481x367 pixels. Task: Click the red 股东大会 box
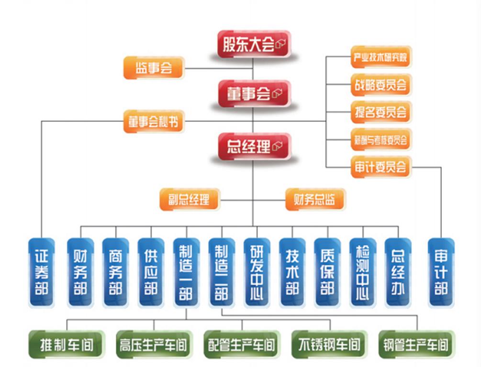pyautogui.click(x=254, y=44)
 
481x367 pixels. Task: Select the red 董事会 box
pyautogui.click(x=254, y=94)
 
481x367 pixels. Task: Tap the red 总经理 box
pyautogui.click(x=254, y=147)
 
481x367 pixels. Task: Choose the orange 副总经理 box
pyautogui.click(x=189, y=199)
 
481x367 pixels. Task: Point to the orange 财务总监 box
pyautogui.click(x=315, y=199)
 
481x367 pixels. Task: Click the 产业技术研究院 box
pyautogui.click(x=380, y=58)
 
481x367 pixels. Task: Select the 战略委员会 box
pyautogui.click(x=380, y=85)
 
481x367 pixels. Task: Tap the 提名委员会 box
pyautogui.click(x=380, y=112)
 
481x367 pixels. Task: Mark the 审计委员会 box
pyautogui.click(x=380, y=167)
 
